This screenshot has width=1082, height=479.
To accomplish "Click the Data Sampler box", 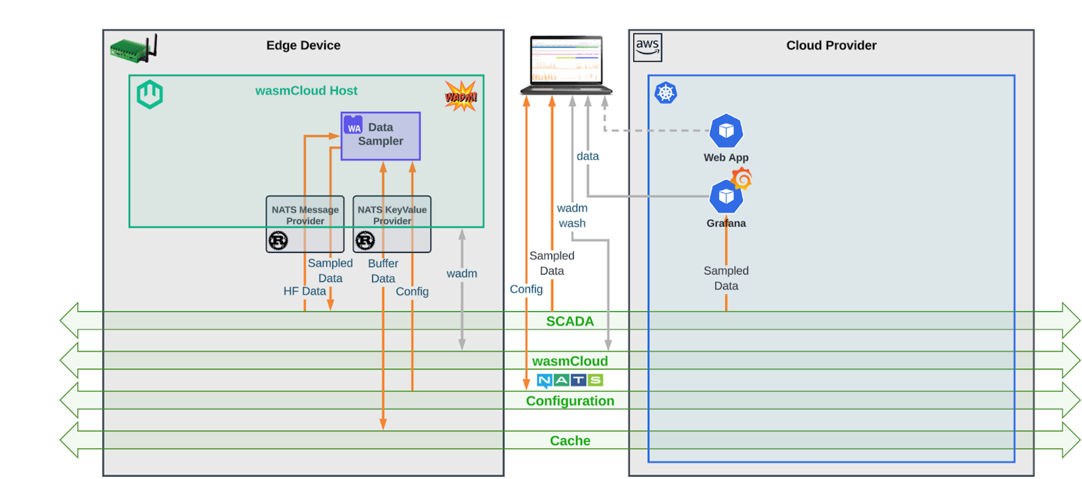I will [380, 136].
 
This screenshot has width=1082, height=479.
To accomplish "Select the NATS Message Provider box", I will [305, 223].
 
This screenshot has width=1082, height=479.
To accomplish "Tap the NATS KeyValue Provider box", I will [392, 223].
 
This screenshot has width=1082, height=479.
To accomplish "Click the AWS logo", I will [647, 47].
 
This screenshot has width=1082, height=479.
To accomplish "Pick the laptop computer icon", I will [566, 65].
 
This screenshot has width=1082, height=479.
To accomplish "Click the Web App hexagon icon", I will [725, 131].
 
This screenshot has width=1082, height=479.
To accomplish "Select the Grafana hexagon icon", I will [725, 197].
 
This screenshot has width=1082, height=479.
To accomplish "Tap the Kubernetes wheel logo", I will [665, 93].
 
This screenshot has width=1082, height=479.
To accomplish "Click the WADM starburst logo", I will [461, 96].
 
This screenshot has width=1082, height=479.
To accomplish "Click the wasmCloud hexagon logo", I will [150, 95].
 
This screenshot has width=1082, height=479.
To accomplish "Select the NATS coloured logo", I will [570, 381].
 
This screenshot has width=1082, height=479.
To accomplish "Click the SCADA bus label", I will [570, 321].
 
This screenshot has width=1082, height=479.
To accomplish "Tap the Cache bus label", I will [570, 441].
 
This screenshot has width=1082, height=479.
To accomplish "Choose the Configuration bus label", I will [570, 401].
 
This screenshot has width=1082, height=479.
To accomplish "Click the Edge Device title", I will [303, 45].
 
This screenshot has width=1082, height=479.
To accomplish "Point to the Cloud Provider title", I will [831, 45].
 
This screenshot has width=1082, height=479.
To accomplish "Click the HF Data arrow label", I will [305, 291].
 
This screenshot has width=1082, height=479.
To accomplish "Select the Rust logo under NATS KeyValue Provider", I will [365, 240].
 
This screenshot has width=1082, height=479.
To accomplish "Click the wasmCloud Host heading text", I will [306, 91].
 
